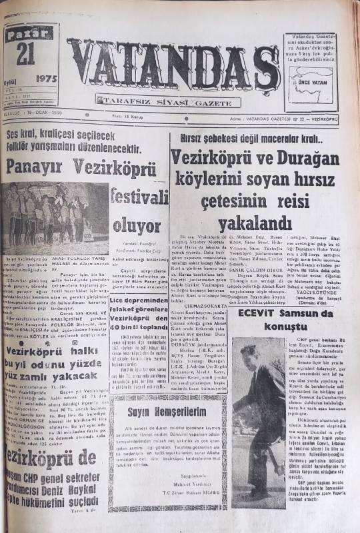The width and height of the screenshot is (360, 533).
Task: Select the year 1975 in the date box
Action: click(47, 78)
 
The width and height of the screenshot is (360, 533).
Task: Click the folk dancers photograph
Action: click(55, 219)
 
